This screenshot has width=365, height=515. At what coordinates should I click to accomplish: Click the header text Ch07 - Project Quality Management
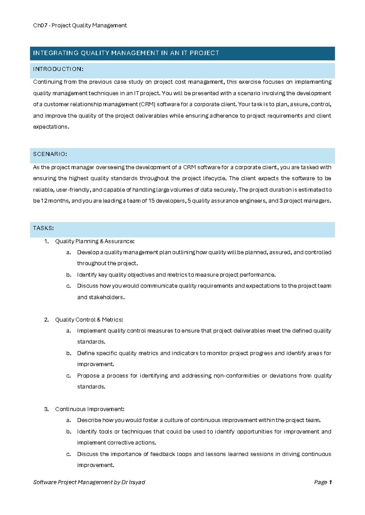coord(80,26)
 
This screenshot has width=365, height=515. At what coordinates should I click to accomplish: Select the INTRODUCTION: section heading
coord(58,69)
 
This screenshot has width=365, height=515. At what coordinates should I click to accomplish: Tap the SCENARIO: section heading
coord(50,154)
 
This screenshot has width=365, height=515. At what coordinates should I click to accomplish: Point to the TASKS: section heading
coord(43,228)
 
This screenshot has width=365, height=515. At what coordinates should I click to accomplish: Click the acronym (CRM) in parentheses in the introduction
coord(147,104)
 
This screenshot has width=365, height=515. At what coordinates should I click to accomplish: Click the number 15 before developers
coord(151,201)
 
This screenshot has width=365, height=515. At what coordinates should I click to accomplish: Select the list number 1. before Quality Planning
coord(47,241)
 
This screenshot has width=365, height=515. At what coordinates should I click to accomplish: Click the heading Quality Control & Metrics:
coord(89,320)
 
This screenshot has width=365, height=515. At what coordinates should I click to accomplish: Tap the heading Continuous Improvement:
coord(89,409)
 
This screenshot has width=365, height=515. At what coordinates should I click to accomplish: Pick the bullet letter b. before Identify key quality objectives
coord(69,275)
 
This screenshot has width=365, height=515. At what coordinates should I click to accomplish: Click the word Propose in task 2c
coord(87,376)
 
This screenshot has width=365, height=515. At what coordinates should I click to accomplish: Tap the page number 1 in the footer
coord(330,483)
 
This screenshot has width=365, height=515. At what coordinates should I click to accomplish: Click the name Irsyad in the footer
coord(137,483)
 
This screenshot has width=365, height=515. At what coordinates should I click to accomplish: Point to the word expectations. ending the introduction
coord(51,127)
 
